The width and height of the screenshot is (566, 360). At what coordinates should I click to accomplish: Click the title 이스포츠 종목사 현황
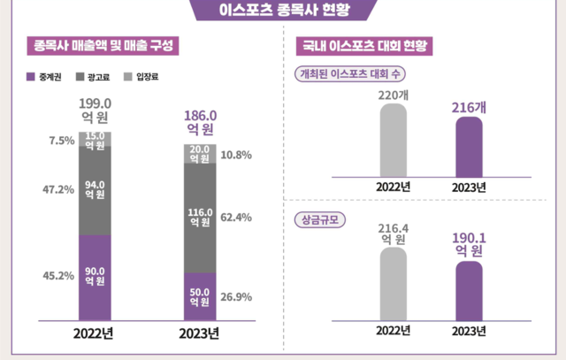click(x=283, y=10)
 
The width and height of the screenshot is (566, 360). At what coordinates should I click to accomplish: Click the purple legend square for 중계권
click(x=30, y=77)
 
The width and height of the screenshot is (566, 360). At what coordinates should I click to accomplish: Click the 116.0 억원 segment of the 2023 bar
click(x=201, y=217)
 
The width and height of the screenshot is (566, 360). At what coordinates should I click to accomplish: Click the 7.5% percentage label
click(x=62, y=139)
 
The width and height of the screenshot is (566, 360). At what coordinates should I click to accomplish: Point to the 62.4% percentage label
click(x=236, y=217)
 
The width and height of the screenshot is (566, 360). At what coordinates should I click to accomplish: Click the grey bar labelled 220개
click(x=393, y=142)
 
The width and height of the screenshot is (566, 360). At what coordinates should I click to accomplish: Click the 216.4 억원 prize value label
click(x=393, y=233)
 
